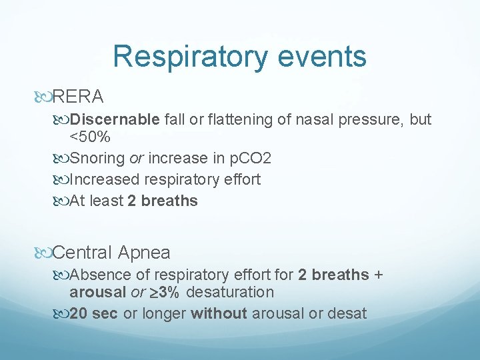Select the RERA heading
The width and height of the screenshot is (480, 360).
[x=77, y=97]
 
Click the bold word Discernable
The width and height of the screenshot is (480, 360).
[x=115, y=120]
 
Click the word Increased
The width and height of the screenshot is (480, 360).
[x=107, y=180]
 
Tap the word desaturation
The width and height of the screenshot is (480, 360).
[x=231, y=293]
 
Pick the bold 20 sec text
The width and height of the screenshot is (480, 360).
[x=94, y=313]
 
